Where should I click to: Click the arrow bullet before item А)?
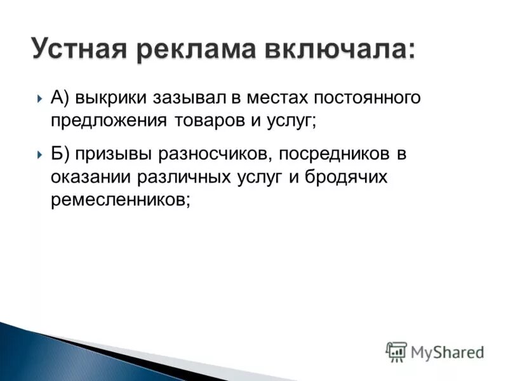click(40, 99)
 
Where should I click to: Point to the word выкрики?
click(112, 98)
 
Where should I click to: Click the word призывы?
click(110, 155)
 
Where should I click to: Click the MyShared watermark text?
click(448, 352)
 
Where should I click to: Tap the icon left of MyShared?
click(396, 352)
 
